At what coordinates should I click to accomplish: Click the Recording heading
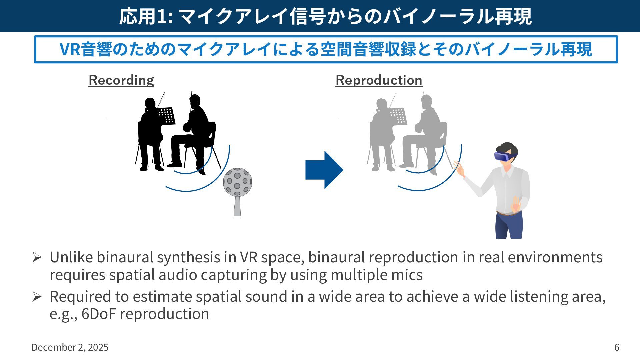pos(121,80)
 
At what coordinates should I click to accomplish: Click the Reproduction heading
pos(379,80)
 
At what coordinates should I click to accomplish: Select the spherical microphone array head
pos(237,182)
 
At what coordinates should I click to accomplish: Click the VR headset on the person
pos(504,156)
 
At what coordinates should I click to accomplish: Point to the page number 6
pos(617,347)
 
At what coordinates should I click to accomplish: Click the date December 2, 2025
pos(70,347)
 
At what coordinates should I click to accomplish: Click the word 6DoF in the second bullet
pos(99,314)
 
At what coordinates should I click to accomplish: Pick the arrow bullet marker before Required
pos(37,296)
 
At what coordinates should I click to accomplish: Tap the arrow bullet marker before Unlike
pos(37,257)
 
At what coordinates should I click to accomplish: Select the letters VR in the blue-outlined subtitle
pos(69,49)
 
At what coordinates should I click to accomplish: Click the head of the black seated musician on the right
pos(194,100)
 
